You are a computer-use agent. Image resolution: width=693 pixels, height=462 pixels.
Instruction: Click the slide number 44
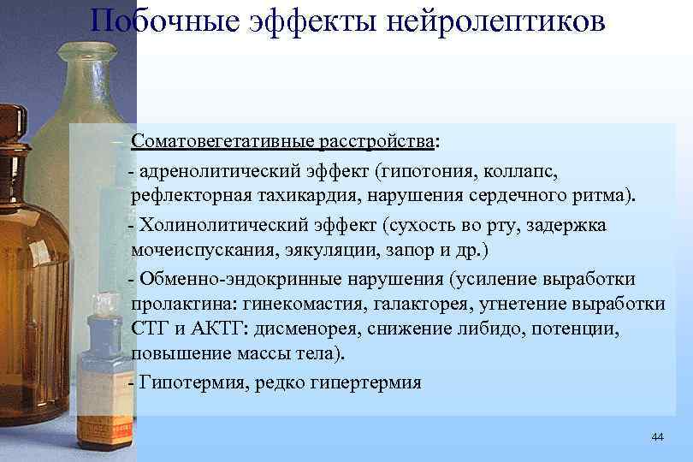click(x=657, y=437)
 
